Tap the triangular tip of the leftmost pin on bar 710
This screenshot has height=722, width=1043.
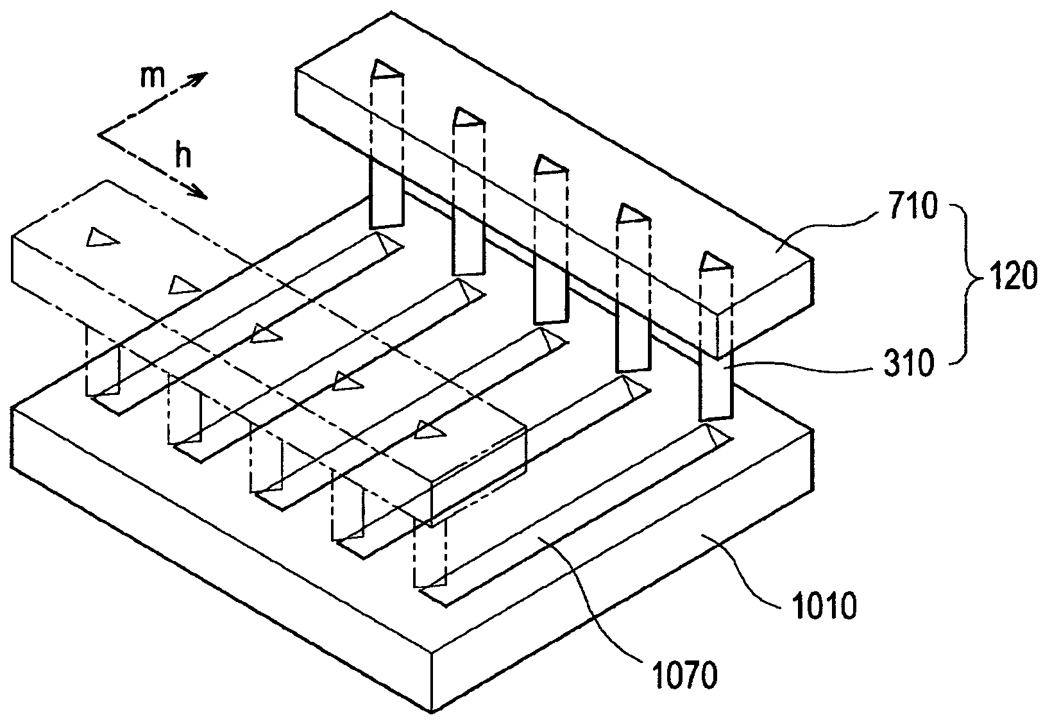[386, 70]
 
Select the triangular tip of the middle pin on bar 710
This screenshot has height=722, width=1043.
[550, 165]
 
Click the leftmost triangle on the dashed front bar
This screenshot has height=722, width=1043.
[102, 237]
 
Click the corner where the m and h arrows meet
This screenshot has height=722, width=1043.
[99, 135]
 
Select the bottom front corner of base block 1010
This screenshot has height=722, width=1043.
[432, 712]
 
